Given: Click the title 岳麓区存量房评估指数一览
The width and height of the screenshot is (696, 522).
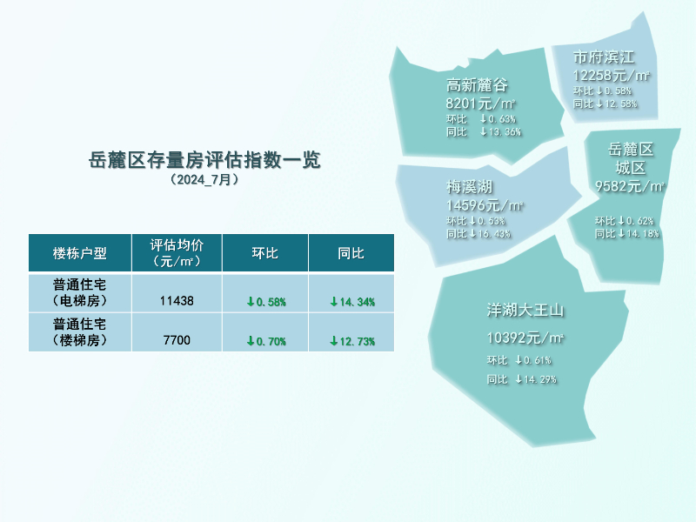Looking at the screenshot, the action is pyautogui.click(x=204, y=160).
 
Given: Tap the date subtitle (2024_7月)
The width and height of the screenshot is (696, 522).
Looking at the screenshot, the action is pyautogui.click(x=204, y=180).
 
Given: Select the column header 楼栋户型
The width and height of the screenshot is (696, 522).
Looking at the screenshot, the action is pyautogui.click(x=80, y=253).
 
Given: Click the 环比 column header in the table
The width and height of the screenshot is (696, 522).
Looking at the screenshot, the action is pyautogui.click(x=265, y=253).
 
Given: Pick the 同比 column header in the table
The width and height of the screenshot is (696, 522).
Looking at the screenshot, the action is pyautogui.click(x=351, y=253).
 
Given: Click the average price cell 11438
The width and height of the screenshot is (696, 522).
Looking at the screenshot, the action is pyautogui.click(x=177, y=301).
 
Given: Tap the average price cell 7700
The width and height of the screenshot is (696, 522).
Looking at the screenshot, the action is pyautogui.click(x=177, y=340).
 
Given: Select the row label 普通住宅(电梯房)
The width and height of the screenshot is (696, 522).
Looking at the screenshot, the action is pyautogui.click(x=80, y=292).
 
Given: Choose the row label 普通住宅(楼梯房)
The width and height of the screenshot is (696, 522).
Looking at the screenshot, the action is pyautogui.click(x=80, y=332).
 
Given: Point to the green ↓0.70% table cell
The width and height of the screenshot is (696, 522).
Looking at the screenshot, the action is pyautogui.click(x=266, y=341).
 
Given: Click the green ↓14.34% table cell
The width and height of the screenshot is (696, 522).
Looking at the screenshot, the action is pyautogui.click(x=352, y=302).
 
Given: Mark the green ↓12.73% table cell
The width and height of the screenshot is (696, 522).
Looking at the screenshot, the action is pyautogui.click(x=352, y=341).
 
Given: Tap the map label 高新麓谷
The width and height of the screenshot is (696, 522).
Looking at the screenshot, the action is pyautogui.click(x=477, y=84).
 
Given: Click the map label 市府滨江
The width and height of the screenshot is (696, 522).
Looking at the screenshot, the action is pyautogui.click(x=604, y=57).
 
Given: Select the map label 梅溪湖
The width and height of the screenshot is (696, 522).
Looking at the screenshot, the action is pyautogui.click(x=470, y=187).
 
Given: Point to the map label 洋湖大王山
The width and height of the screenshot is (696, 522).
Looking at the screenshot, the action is pyautogui.click(x=525, y=310).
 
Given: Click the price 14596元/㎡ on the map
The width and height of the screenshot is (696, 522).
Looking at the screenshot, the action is pyautogui.click(x=485, y=205).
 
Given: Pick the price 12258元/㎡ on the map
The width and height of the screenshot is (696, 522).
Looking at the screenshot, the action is pyautogui.click(x=612, y=76).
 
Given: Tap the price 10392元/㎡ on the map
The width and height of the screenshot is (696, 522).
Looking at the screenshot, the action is pyautogui.click(x=525, y=338).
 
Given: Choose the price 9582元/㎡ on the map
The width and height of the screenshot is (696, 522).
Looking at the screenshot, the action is pyautogui.click(x=629, y=186).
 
